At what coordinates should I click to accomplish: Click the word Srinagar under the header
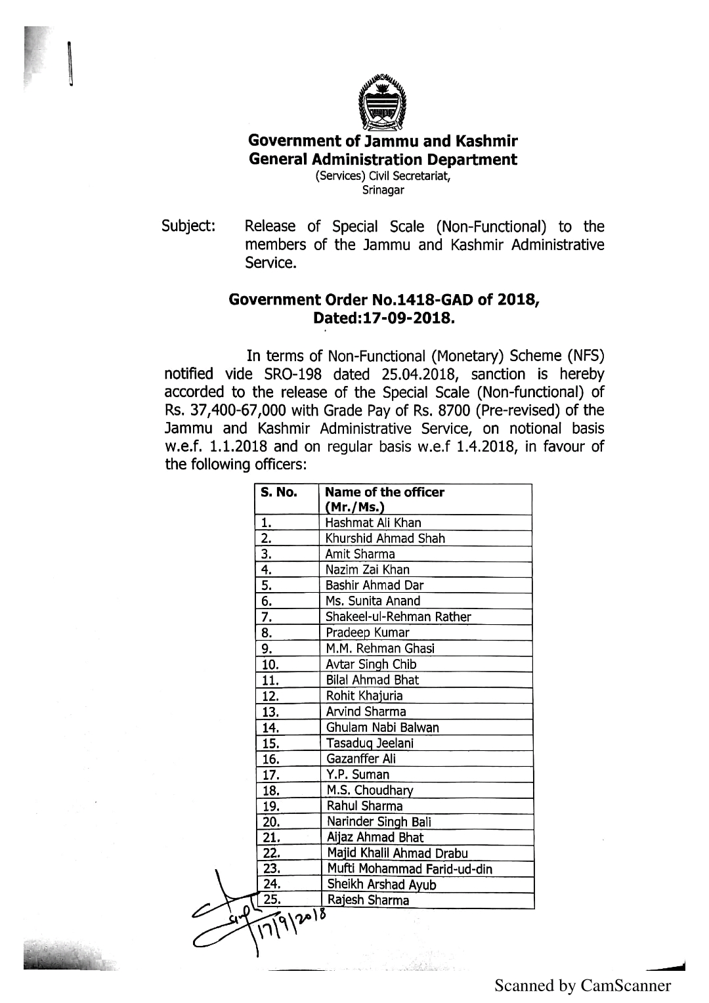[383, 190]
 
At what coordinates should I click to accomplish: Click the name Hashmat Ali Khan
[374, 523]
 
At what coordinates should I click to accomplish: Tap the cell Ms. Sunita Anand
[373, 601]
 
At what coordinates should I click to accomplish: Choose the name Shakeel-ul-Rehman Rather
[398, 617]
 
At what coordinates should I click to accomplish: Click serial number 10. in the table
[270, 664]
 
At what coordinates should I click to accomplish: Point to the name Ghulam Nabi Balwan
[383, 727]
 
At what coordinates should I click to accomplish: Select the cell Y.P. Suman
[358, 775]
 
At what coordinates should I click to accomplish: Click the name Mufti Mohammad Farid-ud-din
[410, 869]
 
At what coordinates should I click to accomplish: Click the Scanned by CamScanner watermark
[583, 985]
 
